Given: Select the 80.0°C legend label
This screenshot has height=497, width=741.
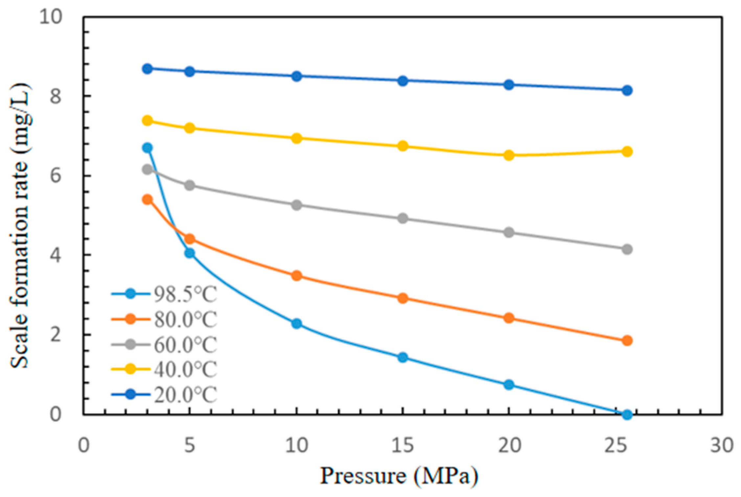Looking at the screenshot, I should (x=164, y=319).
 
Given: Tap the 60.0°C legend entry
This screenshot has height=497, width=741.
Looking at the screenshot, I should (x=164, y=345).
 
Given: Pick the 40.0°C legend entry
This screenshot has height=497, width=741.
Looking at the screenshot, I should (x=164, y=369).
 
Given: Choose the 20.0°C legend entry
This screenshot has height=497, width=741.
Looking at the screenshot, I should (x=164, y=394).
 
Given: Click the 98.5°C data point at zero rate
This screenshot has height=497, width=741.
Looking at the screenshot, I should (x=627, y=414).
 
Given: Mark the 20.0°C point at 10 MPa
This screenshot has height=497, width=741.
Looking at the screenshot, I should (x=297, y=76).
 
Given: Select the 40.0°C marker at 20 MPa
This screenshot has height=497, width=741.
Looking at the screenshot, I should (x=509, y=155).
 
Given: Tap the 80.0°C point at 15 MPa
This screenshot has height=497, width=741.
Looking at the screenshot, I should (x=403, y=298).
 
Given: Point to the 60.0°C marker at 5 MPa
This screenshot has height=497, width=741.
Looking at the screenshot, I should (x=190, y=185).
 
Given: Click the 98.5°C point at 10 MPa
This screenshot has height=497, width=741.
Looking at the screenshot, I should (x=297, y=323).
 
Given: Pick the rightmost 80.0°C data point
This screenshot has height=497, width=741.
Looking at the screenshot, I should (x=627, y=340).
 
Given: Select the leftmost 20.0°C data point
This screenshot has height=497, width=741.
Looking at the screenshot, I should (x=148, y=69).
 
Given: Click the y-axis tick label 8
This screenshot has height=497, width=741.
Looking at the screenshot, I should (x=56, y=96).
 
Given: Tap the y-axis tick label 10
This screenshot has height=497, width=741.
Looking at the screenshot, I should (x=51, y=16).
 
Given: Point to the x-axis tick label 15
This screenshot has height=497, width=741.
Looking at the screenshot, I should (x=403, y=446).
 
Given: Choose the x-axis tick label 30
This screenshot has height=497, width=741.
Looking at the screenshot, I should (x=722, y=446).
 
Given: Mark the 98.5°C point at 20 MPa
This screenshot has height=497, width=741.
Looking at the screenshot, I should (x=509, y=384).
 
